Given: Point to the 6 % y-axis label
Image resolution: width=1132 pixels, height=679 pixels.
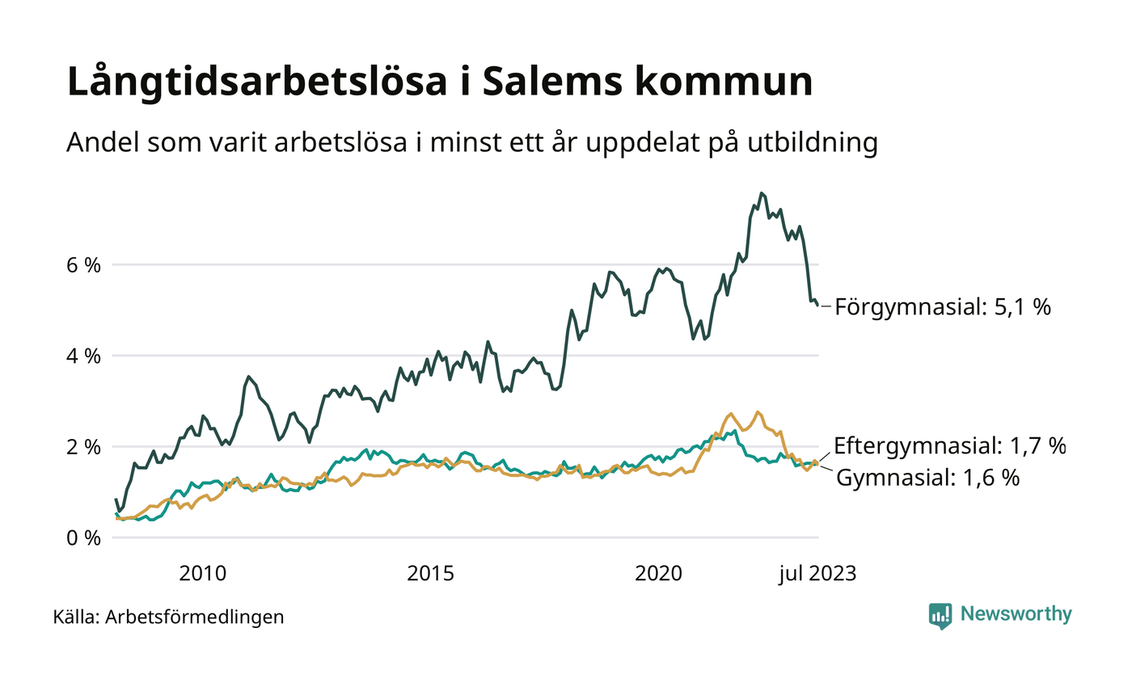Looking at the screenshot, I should pyautogui.click(x=83, y=264).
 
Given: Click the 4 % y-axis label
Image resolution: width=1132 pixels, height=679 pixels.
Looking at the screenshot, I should pyautogui.click(x=83, y=356).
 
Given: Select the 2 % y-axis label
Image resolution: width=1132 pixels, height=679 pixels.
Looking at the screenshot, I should pyautogui.click(x=83, y=447).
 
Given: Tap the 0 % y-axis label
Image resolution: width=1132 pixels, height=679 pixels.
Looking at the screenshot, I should pyautogui.click(x=83, y=538).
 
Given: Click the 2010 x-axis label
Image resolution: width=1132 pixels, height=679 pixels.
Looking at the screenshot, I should pyautogui.click(x=202, y=575).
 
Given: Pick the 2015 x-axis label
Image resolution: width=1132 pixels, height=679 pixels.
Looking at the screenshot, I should pyautogui.click(x=431, y=575).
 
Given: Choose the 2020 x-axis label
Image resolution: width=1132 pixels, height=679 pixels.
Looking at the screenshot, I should pyautogui.click(x=660, y=575).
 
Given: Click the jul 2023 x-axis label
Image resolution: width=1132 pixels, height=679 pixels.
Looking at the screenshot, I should pyautogui.click(x=817, y=575).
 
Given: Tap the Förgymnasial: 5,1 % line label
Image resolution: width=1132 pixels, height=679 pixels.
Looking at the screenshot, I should pyautogui.click(x=942, y=307).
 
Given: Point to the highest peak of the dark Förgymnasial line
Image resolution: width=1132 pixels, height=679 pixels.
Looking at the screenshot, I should pyautogui.click(x=761, y=192).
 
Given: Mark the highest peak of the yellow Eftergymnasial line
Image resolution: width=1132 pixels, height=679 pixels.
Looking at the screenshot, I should pyautogui.click(x=758, y=411).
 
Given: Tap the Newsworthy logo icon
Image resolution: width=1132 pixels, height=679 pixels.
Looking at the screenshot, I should pyautogui.click(x=940, y=615).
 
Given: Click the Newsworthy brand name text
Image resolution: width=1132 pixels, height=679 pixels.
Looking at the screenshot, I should pyautogui.click(x=1016, y=614).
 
